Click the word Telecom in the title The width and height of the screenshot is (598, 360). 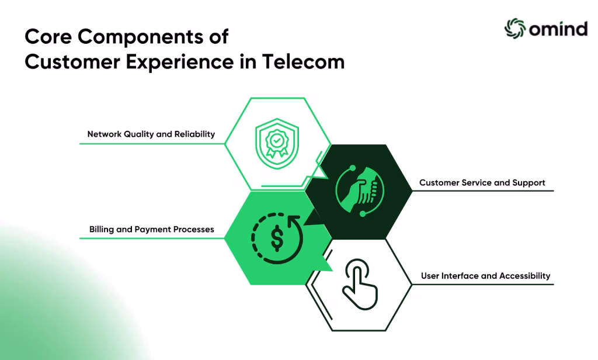303,62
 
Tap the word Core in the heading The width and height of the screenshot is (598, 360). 48,37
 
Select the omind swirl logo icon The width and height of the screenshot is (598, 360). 515,28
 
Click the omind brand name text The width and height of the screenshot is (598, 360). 558,29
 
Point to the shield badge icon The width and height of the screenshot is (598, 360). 277,144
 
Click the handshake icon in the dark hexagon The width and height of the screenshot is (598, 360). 360,191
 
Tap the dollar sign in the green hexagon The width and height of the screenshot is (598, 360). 277,237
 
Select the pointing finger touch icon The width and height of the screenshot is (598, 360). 360,284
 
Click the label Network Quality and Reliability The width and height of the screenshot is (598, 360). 151,134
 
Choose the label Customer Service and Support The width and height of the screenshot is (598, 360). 482,182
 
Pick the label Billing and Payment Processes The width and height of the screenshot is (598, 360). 151,230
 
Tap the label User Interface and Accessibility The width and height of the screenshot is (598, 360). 485,276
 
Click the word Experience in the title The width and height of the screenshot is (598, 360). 180,63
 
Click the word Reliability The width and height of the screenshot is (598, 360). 194,134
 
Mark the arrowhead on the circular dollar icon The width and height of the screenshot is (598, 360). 294,221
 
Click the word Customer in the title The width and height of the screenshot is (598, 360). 72,62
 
